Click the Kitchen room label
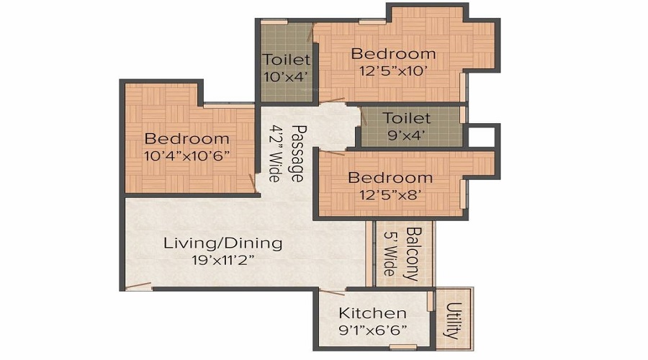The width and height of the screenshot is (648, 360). [372, 313]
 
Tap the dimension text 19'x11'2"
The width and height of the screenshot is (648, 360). [222, 261]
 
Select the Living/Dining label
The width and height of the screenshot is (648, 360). [223, 243]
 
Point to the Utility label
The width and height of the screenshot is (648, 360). [454, 320]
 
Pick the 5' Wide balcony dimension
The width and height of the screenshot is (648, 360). [390, 253]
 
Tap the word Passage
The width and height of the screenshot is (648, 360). [297, 153]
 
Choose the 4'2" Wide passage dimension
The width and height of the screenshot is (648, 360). [275, 153]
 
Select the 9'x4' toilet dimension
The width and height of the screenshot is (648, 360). [407, 135]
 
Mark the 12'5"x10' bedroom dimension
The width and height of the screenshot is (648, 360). [393, 71]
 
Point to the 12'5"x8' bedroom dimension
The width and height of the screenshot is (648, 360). [390, 194]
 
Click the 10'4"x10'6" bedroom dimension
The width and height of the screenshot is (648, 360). [187, 156]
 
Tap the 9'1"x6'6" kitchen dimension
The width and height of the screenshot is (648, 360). [372, 330]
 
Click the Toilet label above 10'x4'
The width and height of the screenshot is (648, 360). [287, 60]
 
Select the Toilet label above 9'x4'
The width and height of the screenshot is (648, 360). [407, 118]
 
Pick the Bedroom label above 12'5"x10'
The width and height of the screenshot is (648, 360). [393, 54]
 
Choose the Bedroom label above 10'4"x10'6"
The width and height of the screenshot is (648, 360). [187, 138]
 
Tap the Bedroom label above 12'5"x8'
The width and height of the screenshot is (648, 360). [390, 178]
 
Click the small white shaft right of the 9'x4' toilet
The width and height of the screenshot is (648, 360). [481, 137]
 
